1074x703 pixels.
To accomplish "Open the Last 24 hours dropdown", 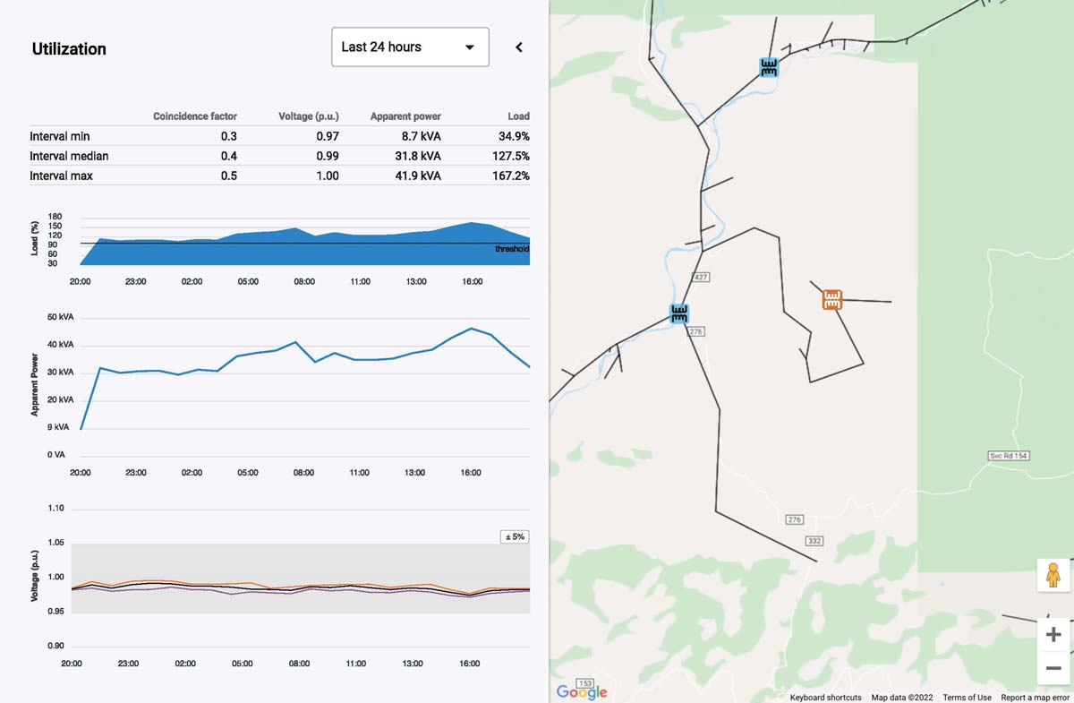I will click(410, 47).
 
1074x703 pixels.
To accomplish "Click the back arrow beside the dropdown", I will click(519, 47).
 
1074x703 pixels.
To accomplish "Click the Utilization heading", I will click(69, 49).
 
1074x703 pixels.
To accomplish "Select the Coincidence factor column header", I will click(195, 116).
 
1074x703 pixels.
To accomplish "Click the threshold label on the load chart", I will click(512, 249).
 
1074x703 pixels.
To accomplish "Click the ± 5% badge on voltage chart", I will click(515, 537).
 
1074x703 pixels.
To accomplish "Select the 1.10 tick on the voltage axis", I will click(55, 509).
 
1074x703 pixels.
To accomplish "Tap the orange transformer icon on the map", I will click(832, 299).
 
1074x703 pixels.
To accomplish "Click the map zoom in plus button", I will click(1053, 635).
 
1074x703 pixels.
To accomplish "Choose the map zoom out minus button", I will click(1053, 668).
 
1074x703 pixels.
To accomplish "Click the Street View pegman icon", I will click(1053, 575).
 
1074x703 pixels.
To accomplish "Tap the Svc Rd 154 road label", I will click(1008, 456).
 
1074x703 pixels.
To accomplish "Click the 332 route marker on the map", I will click(814, 541).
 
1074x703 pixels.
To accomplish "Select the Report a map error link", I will click(1036, 698).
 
